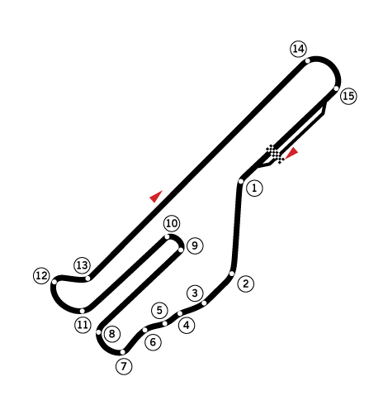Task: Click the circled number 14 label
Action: point(299,49)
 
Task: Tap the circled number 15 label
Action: point(348,96)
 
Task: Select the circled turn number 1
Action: point(254,188)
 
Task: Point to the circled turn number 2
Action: point(246,283)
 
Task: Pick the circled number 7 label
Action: point(124,367)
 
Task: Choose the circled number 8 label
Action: point(112,334)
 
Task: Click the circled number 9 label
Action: point(195,245)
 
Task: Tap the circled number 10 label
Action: point(172,223)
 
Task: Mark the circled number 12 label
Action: point(41,275)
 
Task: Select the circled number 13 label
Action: point(82,265)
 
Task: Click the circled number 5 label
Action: point(159,311)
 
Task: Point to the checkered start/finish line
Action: point(275,154)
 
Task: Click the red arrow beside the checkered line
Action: point(291,153)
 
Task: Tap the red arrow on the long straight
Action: point(156,196)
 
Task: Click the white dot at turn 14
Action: point(308,60)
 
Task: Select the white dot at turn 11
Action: point(82,311)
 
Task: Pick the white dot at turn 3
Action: point(204,303)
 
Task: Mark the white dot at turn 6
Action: point(145,330)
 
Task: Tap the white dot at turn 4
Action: point(180,313)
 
